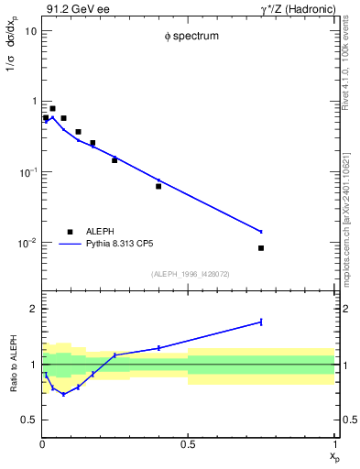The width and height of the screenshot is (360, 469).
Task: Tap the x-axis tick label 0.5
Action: [x=188, y=445]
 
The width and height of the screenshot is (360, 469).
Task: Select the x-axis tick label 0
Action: [x=42, y=445]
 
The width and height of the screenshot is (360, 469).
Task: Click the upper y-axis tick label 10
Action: [x=30, y=31]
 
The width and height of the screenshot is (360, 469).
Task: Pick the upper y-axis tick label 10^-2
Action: [x=27, y=243]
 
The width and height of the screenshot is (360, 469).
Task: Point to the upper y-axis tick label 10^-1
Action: [x=27, y=172]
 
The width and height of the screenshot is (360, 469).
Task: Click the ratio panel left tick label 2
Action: [x=33, y=309]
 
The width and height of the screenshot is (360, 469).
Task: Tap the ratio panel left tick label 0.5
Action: [x=29, y=420]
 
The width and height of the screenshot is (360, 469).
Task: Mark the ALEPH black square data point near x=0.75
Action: [x=261, y=248]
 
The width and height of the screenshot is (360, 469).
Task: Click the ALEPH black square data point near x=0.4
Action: [x=158, y=186]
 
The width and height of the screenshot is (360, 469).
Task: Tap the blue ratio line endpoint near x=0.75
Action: [x=261, y=322]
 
